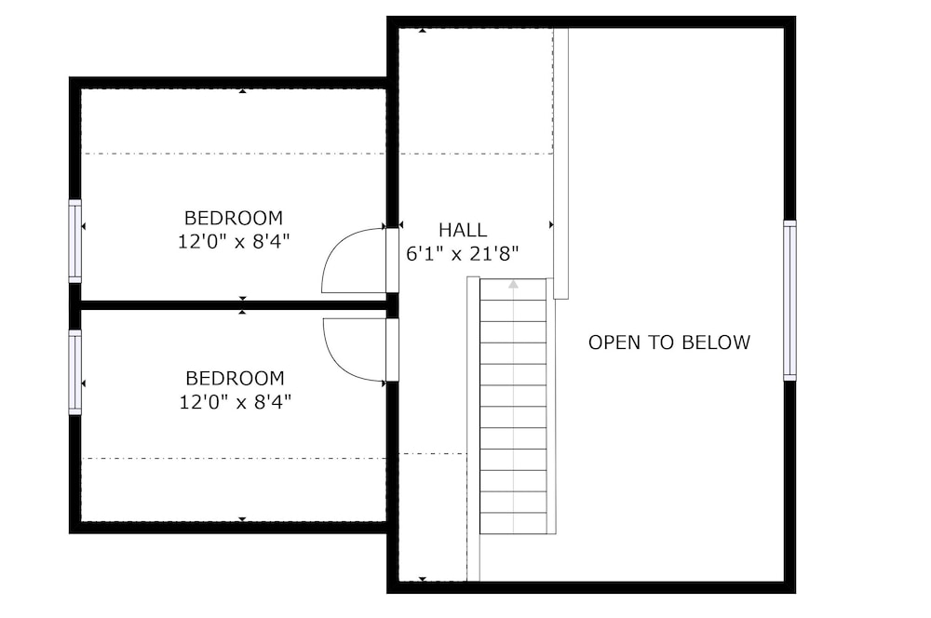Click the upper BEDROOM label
tap(234, 218)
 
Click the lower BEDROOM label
tap(235, 378)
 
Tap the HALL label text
tap(463, 230)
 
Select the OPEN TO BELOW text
tap(669, 343)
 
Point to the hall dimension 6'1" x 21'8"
tap(463, 254)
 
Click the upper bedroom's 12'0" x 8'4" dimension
tap(234, 242)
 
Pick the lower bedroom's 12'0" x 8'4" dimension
tap(236, 402)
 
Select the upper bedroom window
tap(74, 241)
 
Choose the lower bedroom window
tap(74, 372)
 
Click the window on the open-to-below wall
tap(789, 300)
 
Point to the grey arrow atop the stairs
tap(513, 285)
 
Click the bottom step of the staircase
tap(513, 524)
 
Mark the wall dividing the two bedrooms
tap(234, 305)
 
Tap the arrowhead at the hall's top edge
tap(422, 31)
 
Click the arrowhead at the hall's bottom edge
tap(422, 579)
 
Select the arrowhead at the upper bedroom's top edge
tap(242, 91)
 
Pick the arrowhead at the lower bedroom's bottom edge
tap(242, 519)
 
